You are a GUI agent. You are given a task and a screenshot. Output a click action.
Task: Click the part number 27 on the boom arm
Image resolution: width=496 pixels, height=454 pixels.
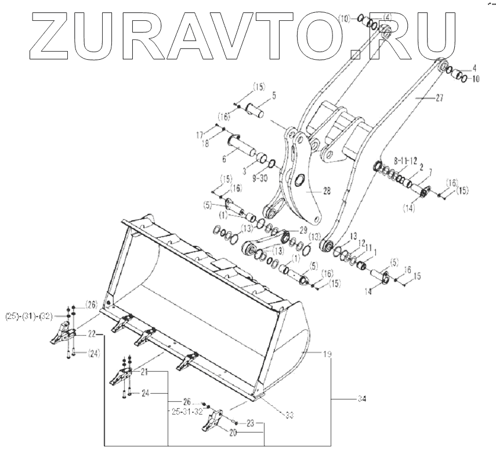(x=438, y=99)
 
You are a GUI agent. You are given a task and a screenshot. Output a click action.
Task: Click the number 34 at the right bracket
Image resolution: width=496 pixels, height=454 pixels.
(x=363, y=398)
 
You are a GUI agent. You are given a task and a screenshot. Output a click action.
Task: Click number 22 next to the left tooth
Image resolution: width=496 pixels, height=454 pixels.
(x=92, y=335)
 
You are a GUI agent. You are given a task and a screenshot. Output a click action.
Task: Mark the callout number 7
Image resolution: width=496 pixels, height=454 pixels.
(x=430, y=172)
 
